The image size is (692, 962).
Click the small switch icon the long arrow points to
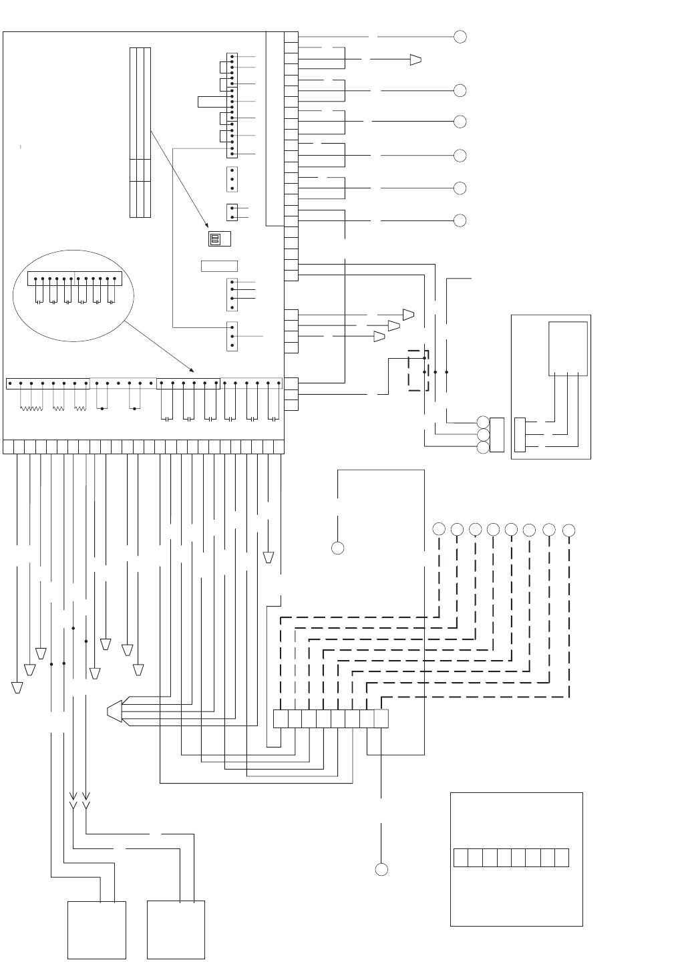tap(215, 238)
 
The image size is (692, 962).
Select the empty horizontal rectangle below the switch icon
tap(219, 266)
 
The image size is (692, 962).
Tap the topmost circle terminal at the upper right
tap(460, 37)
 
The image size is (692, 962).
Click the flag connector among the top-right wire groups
tap(415, 59)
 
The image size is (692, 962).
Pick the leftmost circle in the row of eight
tap(439, 529)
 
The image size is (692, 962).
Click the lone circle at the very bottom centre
tap(381, 869)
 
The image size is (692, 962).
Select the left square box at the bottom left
tap(97, 930)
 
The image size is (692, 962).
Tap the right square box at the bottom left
tap(176, 930)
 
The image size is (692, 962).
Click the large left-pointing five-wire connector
tap(115, 712)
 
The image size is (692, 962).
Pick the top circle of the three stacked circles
tap(483, 422)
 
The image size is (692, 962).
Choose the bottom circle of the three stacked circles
tap(483, 447)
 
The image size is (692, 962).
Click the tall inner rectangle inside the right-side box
tap(568, 349)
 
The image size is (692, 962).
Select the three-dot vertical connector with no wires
tap(232, 179)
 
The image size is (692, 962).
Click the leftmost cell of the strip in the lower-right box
tap(461, 858)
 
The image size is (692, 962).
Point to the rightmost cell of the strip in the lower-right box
tap(562, 858)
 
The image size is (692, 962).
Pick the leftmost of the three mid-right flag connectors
tap(379, 336)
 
